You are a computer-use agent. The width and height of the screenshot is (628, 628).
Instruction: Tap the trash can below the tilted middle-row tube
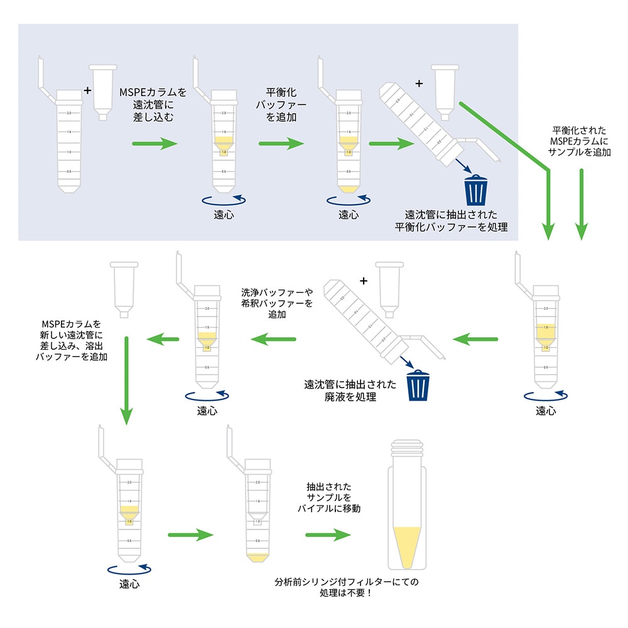(418, 385)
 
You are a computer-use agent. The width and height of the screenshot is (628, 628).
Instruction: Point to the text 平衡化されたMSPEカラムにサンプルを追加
(580, 141)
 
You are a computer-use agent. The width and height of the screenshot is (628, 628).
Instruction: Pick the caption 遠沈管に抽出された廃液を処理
(350, 391)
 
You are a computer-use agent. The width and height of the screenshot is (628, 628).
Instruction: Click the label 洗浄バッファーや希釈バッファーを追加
(276, 303)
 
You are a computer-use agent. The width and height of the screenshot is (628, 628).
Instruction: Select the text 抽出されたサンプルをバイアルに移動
(328, 498)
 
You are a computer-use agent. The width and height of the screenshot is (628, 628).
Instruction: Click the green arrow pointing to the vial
(328, 535)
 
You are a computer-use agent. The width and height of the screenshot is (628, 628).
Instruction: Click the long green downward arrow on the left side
(127, 380)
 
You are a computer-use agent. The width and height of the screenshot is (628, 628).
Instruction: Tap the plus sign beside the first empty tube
(87, 90)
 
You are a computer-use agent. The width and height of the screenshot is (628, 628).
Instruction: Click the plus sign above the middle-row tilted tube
(363, 281)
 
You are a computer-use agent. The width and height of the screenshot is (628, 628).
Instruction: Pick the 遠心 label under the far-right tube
(546, 411)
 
